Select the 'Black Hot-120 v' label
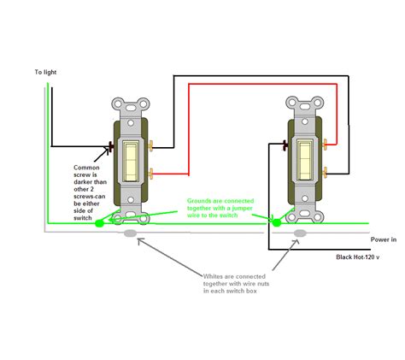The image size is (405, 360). click(x=363, y=256)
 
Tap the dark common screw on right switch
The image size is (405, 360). click(x=285, y=147)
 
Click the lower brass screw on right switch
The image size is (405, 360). click(x=320, y=172)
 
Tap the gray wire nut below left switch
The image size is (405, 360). click(x=131, y=233)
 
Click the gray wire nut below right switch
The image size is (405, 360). click(x=301, y=233)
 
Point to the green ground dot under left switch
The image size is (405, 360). click(x=100, y=223)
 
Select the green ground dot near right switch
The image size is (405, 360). click(x=276, y=223)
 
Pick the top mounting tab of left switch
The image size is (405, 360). click(x=132, y=104)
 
